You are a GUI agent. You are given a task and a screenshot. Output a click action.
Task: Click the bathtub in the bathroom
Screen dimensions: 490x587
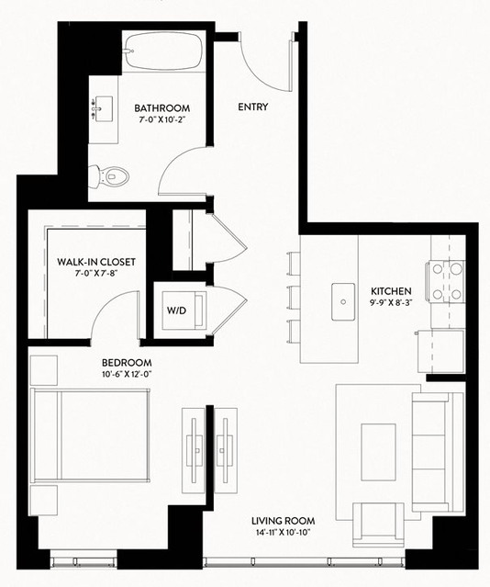pos(164,51)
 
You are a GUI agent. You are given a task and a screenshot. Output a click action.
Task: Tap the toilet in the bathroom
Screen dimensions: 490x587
pos(109,176)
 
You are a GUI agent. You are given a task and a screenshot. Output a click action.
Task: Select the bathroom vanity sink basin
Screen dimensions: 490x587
pos(104,108)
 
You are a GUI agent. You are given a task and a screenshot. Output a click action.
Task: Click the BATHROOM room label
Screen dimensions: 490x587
pos(162,108)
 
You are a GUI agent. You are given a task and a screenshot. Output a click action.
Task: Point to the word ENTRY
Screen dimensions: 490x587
pos(253,107)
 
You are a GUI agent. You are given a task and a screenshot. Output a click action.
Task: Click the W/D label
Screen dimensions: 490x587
pos(176,310)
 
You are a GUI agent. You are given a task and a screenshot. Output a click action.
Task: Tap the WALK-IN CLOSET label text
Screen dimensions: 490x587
pos(96,262)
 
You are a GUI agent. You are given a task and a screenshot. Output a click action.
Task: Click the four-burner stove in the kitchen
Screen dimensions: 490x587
pos(446,281)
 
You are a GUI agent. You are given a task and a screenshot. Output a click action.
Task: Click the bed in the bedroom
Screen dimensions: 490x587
pos(90,435)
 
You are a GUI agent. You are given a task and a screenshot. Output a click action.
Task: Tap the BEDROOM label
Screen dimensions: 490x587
pos(127,363)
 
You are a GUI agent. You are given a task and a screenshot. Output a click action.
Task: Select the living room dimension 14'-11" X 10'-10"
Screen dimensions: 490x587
pos(284,533)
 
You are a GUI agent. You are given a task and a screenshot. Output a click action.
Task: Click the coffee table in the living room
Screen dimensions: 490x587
pos(379,452)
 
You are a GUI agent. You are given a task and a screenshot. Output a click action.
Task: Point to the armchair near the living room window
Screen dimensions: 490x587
pos(378,525)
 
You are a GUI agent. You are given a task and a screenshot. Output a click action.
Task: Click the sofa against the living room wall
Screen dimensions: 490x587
pos(438,452)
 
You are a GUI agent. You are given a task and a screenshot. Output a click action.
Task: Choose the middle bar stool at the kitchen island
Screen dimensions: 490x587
pos(294,298)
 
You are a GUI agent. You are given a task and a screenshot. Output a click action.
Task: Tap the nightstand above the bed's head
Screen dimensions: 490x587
pos(44,370)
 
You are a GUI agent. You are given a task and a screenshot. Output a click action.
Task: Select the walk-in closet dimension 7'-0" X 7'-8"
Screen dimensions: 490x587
pos(97,274)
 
